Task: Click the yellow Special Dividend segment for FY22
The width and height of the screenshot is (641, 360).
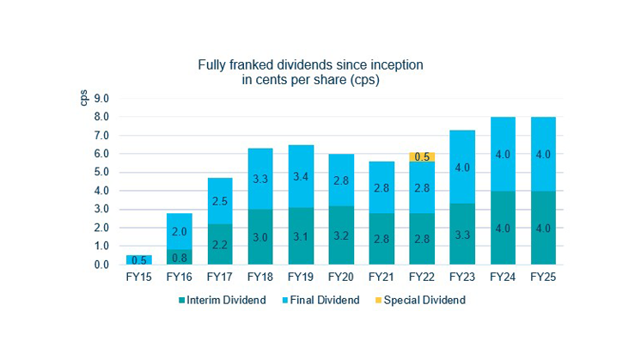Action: click(x=422, y=157)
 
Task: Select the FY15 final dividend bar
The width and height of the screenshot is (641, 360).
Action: click(x=138, y=259)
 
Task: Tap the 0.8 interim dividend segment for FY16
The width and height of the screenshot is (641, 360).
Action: click(x=179, y=256)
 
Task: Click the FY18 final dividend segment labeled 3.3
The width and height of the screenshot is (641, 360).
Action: click(x=259, y=180)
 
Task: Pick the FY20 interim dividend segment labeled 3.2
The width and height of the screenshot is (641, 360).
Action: click(x=341, y=235)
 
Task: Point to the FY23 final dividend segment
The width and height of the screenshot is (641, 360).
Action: click(x=463, y=168)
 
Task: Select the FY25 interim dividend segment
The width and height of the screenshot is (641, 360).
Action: click(x=544, y=228)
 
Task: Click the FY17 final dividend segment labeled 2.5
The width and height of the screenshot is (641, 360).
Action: click(x=219, y=201)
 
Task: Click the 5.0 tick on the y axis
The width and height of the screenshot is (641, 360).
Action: click(x=102, y=173)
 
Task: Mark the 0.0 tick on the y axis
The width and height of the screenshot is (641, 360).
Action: click(x=102, y=265)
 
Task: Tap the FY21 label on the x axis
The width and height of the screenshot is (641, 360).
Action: click(x=382, y=278)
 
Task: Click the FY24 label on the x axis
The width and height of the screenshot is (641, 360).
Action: click(x=504, y=278)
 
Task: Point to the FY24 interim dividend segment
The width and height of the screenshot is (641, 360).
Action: click(x=504, y=228)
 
